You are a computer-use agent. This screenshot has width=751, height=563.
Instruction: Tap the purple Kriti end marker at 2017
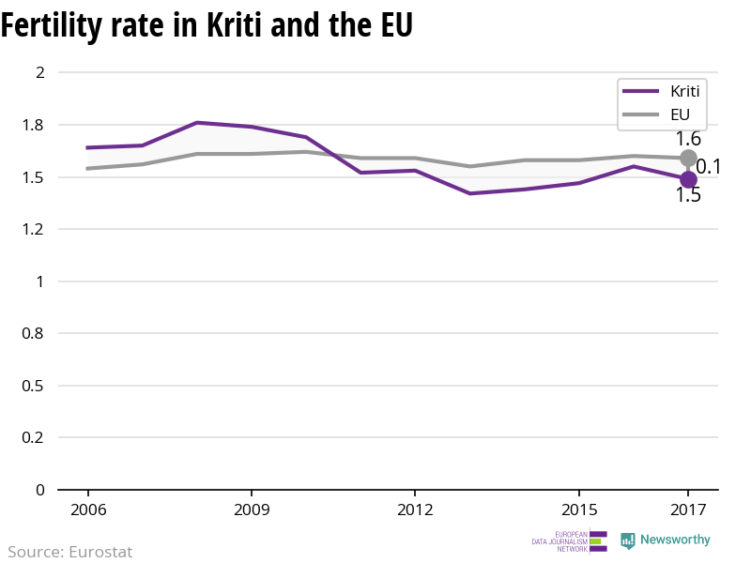(688, 179)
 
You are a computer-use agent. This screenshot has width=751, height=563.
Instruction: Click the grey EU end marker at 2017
(688, 158)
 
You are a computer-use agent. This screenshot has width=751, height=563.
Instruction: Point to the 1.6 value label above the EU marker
(689, 139)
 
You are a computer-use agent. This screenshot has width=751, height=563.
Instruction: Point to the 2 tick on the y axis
(39, 72)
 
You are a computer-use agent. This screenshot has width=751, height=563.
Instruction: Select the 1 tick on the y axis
(39, 281)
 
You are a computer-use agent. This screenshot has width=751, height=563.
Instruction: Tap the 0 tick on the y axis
(39, 490)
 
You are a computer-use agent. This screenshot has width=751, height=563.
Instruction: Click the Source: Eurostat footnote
(70, 552)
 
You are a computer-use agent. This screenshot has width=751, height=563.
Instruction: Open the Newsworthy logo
(666, 540)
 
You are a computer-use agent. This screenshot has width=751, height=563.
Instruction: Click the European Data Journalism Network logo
(569, 541)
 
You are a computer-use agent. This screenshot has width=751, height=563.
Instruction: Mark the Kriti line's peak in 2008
(197, 123)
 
